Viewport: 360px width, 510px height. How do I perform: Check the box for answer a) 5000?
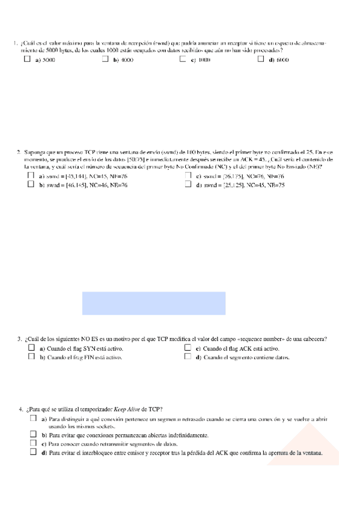(x=28, y=60)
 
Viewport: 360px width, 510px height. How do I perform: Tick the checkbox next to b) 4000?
(x=105, y=60)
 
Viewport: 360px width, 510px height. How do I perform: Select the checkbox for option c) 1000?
(x=183, y=60)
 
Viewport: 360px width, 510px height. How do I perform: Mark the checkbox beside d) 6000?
(x=261, y=60)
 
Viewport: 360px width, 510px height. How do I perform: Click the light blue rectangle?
(x=154, y=303)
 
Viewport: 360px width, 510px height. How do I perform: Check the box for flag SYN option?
(x=32, y=348)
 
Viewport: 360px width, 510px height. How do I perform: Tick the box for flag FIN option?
(x=32, y=357)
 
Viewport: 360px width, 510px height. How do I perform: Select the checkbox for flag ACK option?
(x=188, y=348)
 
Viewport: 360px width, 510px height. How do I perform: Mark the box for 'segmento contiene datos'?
(x=188, y=357)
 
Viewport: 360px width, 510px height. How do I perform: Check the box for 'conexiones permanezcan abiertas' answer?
(x=33, y=434)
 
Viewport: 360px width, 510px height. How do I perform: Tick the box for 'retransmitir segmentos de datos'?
(x=33, y=443)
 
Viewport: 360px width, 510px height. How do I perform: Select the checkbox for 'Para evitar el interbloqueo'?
(x=33, y=452)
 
